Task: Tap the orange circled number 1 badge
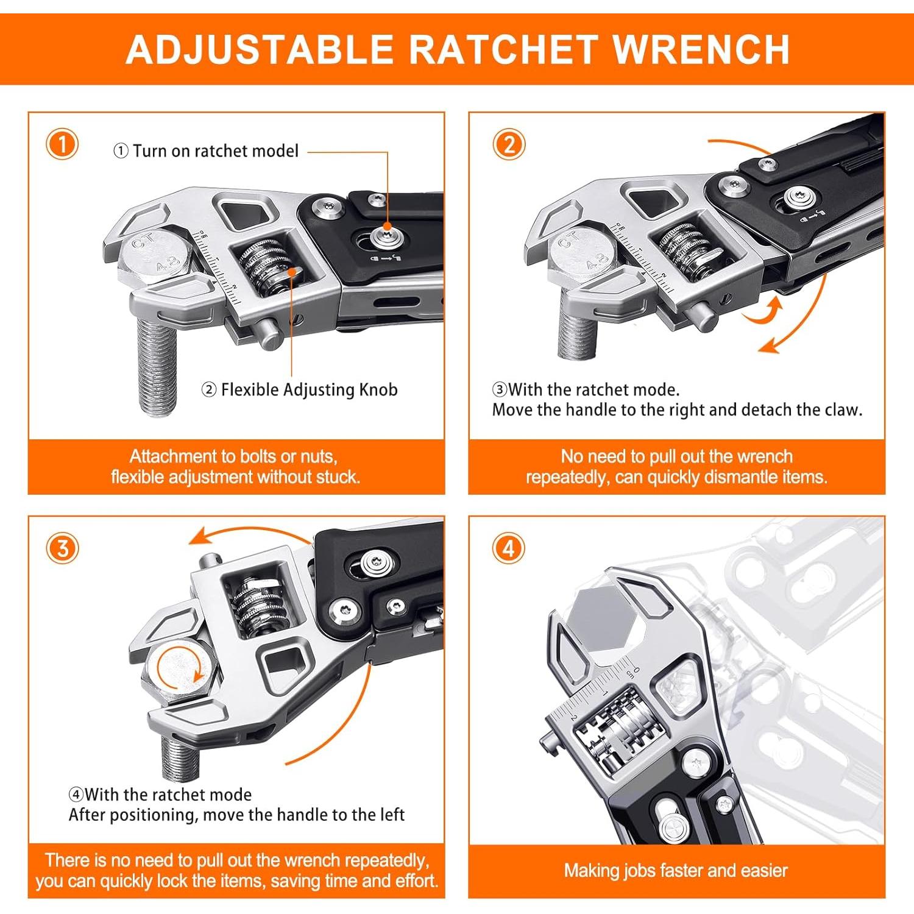[62, 145]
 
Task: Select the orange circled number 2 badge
[509, 145]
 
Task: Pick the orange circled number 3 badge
[62, 548]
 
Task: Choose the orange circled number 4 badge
[509, 548]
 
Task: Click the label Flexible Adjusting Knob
[309, 390]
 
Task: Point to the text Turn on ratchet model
[215, 151]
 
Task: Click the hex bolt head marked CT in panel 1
[152, 256]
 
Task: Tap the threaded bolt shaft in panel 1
[157, 366]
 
